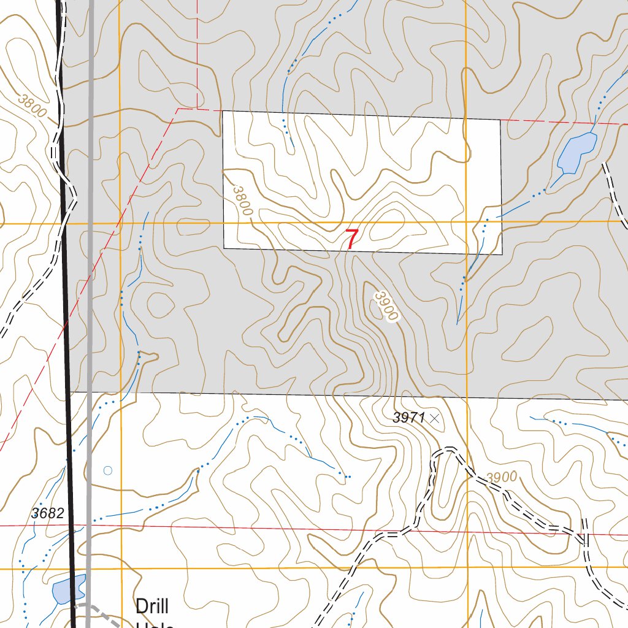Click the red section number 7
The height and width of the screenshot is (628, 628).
click(x=351, y=239)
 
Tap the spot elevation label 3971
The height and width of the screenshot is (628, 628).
click(x=409, y=418)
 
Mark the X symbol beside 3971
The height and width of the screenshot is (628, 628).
click(x=435, y=418)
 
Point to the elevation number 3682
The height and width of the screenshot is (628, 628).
click(x=47, y=514)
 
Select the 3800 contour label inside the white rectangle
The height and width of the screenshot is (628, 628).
click(x=243, y=201)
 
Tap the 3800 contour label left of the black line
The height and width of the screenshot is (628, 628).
click(x=32, y=105)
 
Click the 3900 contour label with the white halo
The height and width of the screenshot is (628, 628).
click(x=386, y=306)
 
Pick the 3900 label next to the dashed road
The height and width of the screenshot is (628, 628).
click(x=502, y=477)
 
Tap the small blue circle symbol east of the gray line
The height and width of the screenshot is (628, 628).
click(x=108, y=471)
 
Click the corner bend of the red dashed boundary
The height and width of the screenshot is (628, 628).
click(x=178, y=109)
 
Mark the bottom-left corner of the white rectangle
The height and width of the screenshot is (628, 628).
click(x=224, y=248)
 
